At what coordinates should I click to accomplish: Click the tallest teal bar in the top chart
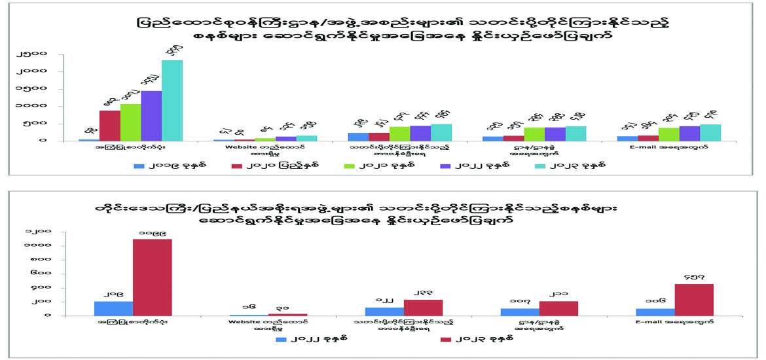[x=172, y=100]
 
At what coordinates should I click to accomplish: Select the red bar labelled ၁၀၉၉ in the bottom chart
[x=153, y=277]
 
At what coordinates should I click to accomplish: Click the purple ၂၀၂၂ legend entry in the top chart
[x=465, y=166]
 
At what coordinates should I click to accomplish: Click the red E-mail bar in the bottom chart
[x=694, y=299]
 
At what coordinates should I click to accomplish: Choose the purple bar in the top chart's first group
[x=151, y=115]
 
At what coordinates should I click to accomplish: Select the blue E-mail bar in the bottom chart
[x=655, y=312]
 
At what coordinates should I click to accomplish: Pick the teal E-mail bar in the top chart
[x=710, y=132]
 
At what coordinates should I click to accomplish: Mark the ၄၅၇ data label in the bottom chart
[x=694, y=278]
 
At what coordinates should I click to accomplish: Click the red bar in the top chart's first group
[x=110, y=125]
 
